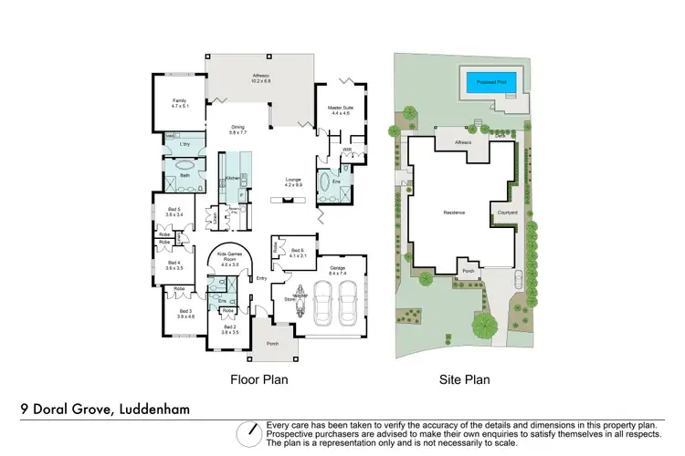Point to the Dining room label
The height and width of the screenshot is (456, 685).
tap(237, 130)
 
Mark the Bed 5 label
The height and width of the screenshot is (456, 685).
tap(173, 214)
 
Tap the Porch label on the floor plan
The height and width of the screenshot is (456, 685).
tap(272, 344)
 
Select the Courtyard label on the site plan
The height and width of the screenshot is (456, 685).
tap(507, 213)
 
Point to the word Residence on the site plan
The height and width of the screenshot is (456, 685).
tap(454, 212)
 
